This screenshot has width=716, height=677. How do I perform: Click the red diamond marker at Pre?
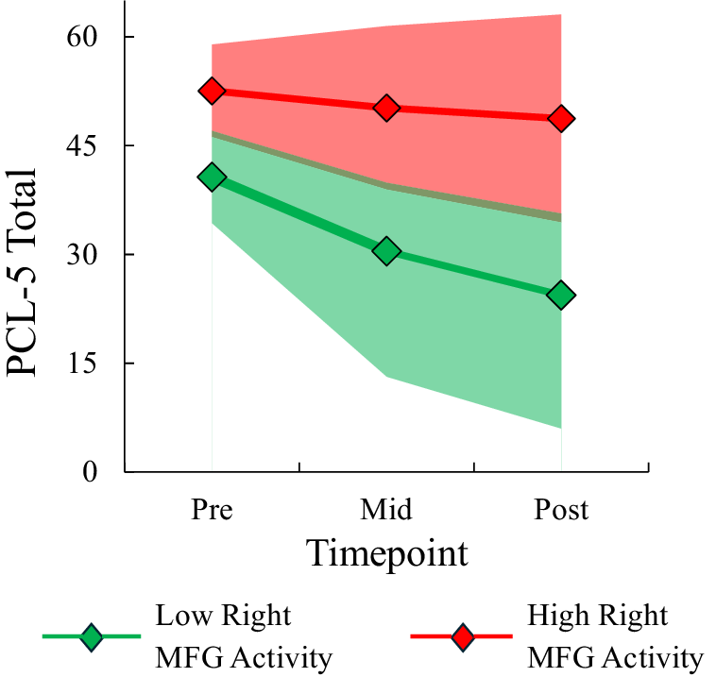point(212,91)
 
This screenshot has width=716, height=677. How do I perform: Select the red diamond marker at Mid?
point(386,108)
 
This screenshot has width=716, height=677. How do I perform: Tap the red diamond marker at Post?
point(561,119)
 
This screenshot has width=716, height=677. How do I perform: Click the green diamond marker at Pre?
point(212,178)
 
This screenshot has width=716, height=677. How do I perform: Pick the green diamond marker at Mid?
point(386,251)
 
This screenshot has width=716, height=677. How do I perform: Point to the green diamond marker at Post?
point(561,296)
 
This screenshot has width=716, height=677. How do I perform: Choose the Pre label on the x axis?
point(212,510)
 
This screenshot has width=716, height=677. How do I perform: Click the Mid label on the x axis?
point(386,510)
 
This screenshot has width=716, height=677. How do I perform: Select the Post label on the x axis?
point(561,510)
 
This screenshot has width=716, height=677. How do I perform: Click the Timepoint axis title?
point(386,553)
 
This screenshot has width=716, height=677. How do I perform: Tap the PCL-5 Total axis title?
point(23,273)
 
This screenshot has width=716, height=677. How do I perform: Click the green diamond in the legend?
point(91,637)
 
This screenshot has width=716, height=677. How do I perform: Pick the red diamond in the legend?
point(463,637)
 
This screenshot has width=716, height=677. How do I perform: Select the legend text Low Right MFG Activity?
point(243,637)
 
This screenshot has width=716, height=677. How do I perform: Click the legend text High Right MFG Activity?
point(615,637)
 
